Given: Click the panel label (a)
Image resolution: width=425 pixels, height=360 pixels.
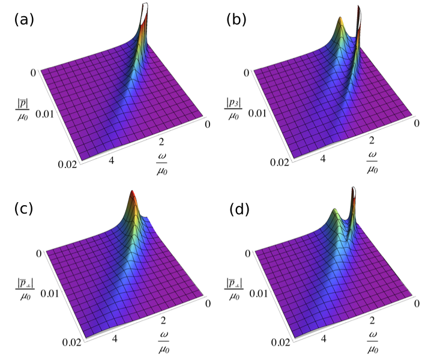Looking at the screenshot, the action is pyautogui.click(x=24, y=20).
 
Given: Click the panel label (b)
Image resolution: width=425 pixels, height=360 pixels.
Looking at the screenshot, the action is pyautogui.click(x=237, y=20).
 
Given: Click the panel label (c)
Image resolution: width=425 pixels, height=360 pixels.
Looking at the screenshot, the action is pyautogui.click(x=23, y=208).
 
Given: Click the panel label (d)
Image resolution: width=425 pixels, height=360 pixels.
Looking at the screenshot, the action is pyautogui.click(x=240, y=209).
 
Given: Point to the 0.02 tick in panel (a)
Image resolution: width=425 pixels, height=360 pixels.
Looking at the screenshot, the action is pyautogui.click(x=67, y=164).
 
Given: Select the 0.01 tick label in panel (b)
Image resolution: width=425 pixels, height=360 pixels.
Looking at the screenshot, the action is pyautogui.click(x=258, y=113).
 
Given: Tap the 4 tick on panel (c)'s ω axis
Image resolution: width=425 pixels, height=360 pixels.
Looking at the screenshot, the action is pyautogui.click(x=115, y=338).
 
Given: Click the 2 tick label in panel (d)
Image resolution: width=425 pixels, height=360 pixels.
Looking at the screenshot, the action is pyautogui.click(x=372, y=321).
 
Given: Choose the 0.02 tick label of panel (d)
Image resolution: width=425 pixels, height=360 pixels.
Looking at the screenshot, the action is pyautogui.click(x=280, y=343).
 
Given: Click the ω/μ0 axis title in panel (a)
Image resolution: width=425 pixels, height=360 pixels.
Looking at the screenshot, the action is pyautogui.click(x=162, y=164).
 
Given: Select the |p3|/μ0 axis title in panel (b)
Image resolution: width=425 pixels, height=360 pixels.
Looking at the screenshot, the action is pyautogui.click(x=234, y=109).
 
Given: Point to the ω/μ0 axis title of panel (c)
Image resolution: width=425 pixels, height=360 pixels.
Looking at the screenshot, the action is pyautogui.click(x=164, y=343).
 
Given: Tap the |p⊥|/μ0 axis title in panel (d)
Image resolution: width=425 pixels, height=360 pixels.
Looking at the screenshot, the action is pyautogui.click(x=234, y=289).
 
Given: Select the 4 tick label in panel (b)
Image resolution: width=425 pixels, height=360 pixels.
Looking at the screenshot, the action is pyautogui.click(x=323, y=158).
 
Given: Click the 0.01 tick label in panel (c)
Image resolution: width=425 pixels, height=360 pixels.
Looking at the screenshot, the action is pyautogui.click(x=50, y=293).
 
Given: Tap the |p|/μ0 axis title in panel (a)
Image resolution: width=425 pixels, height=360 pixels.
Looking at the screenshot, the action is pyautogui.click(x=22, y=110).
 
